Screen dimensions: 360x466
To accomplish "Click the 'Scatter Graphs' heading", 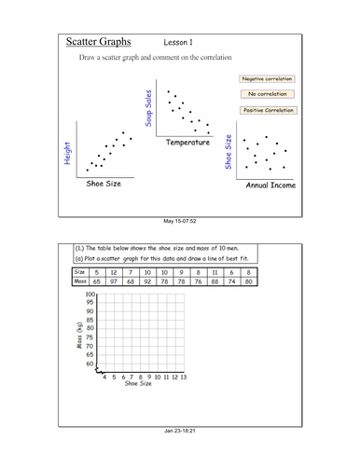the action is (x=98, y=43).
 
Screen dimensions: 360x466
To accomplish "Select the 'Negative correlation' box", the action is (x=267, y=80).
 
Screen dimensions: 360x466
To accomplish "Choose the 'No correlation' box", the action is (x=267, y=94).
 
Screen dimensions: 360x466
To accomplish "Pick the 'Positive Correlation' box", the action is (x=267, y=110).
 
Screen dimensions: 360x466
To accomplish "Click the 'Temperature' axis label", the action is (x=187, y=143).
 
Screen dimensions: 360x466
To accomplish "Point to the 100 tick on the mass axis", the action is (x=90, y=294).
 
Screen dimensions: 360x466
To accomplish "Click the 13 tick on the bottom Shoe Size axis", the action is (x=184, y=377).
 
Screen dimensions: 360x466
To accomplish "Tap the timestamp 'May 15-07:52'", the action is (x=180, y=220).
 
